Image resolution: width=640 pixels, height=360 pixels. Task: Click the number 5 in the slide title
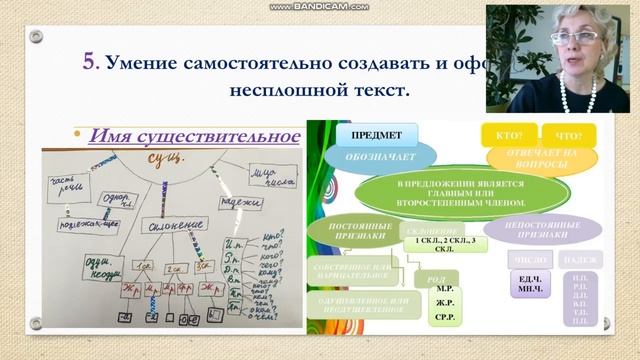click(x=88, y=63)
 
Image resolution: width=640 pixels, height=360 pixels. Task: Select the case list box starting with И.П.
click(x=580, y=297)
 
